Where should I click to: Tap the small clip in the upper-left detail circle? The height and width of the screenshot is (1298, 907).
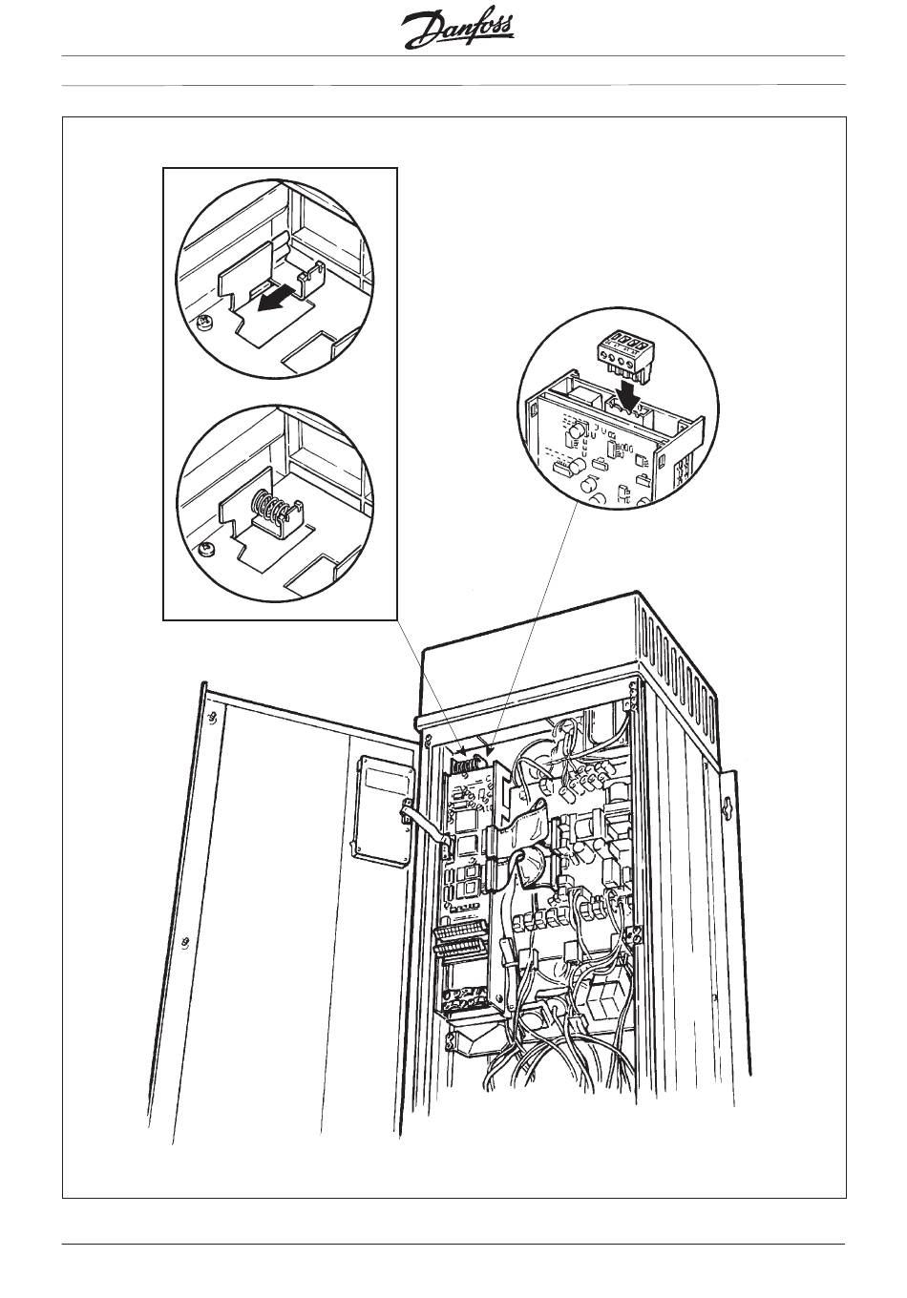coord(311,278)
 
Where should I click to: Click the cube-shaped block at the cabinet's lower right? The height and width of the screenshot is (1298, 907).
coord(605,997)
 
